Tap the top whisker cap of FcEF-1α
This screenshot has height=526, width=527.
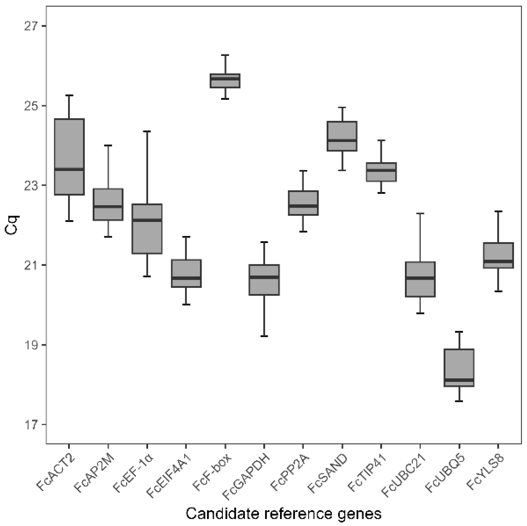point(147,131)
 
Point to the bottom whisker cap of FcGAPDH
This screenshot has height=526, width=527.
point(264,336)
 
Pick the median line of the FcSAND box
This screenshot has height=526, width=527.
point(342,141)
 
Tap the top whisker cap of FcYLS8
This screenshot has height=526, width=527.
point(498,211)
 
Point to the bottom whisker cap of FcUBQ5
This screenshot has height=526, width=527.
point(459,401)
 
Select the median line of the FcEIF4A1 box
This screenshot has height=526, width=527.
point(186,278)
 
